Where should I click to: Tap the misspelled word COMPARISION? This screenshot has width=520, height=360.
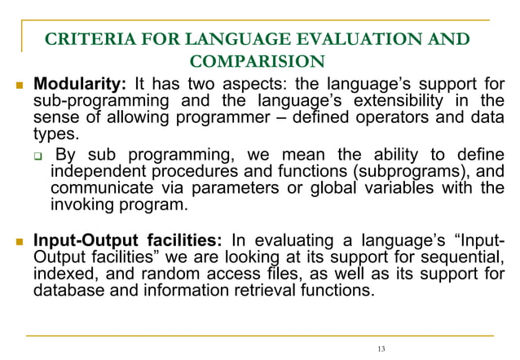click(256, 60)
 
